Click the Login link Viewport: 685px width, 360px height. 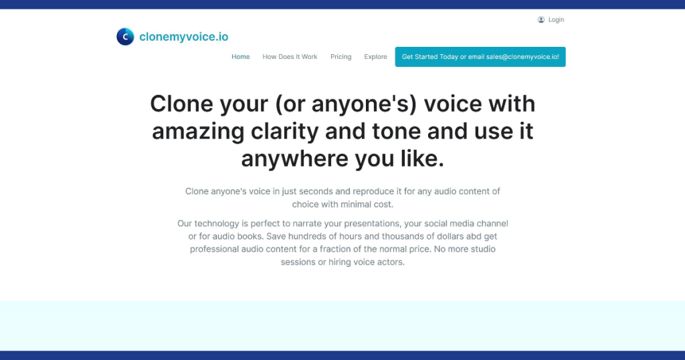click(556, 19)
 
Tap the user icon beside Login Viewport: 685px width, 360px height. click(541, 19)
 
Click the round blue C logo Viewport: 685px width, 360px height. click(125, 37)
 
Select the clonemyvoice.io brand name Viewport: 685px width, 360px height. click(183, 37)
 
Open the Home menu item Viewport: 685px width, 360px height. click(241, 57)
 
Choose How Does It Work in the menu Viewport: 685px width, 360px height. click(290, 57)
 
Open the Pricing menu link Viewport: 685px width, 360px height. click(340, 57)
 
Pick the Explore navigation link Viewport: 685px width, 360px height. click(376, 57)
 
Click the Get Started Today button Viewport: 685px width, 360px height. click(480, 57)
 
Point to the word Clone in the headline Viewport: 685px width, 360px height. click(181, 104)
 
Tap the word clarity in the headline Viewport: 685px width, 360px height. click(284, 132)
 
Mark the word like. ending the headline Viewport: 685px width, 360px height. click(423, 158)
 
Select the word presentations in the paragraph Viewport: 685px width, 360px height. click(372, 223)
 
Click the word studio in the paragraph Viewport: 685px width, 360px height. click(483, 249)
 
